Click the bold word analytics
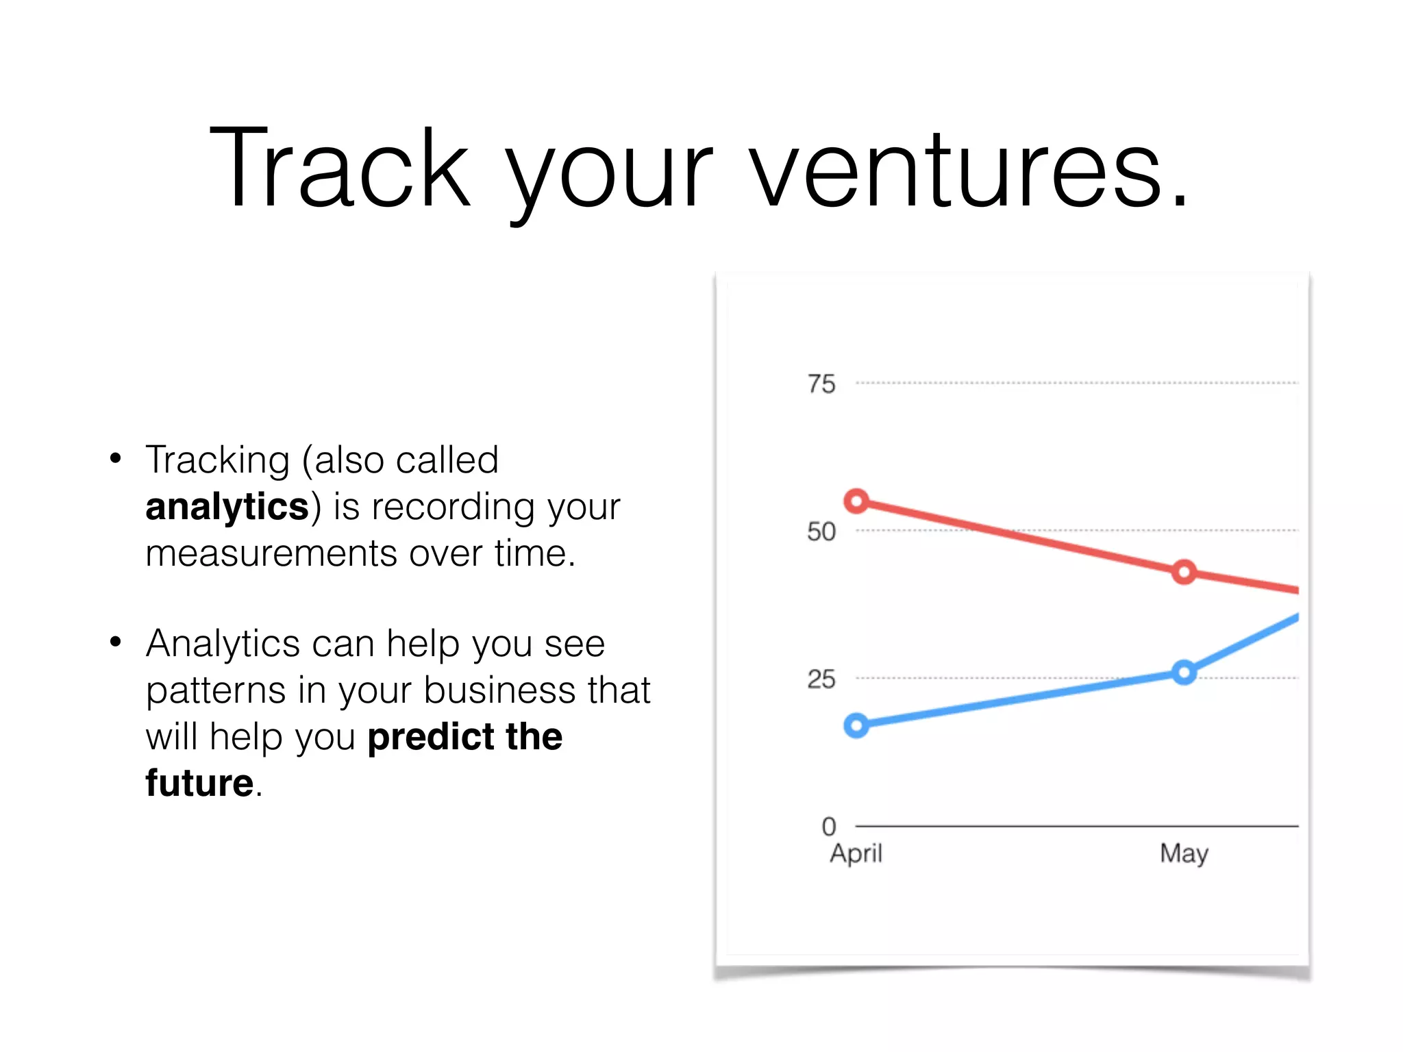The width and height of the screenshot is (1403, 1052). point(227,508)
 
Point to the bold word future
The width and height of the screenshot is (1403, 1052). point(199,783)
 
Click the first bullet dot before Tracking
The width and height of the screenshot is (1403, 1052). point(116,458)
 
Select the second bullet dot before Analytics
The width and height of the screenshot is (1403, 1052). point(116,642)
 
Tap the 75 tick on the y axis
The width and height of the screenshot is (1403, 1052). point(821,384)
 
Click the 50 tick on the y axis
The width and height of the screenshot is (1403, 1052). point(821,531)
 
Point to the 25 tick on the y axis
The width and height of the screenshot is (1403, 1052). point(821,679)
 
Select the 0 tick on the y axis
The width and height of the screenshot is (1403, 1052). point(829,827)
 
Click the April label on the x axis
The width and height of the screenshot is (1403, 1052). point(856,854)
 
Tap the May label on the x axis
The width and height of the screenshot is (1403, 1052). point(1184,854)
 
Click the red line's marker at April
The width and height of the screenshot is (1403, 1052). point(856,501)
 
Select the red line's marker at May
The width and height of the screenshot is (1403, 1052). point(1184,572)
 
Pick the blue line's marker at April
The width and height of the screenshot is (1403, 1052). point(856,725)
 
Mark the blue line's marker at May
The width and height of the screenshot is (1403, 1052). point(1184,673)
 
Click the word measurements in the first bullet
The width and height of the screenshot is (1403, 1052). point(271,553)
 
